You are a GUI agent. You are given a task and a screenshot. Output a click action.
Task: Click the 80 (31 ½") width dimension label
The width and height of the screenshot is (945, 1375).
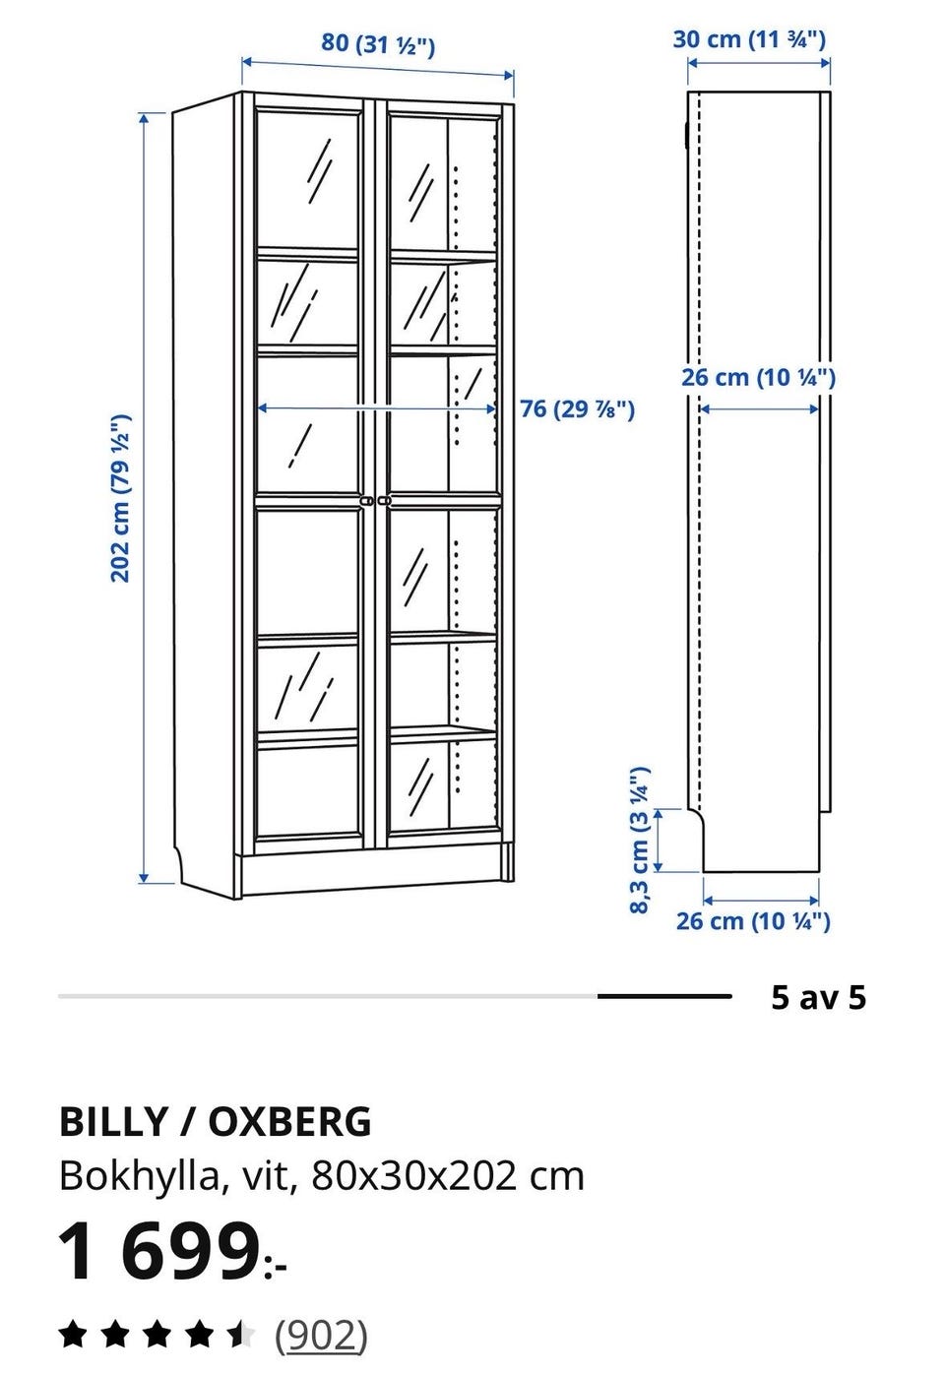378,43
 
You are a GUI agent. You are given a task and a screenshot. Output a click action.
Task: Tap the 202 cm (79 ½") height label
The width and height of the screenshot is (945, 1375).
120,498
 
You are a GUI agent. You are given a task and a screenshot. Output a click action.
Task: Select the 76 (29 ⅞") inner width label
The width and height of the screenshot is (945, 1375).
577,408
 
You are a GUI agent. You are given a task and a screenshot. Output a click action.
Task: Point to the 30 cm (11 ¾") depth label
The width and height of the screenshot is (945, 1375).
749,39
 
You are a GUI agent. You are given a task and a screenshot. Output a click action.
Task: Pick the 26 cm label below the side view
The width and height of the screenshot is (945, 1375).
753,920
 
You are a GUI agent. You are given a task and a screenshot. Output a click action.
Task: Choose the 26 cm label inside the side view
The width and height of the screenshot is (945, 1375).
758,378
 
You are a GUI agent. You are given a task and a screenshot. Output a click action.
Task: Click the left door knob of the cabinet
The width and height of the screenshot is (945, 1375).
366,502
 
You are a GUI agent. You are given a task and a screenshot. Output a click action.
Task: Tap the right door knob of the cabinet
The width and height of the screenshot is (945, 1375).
385,502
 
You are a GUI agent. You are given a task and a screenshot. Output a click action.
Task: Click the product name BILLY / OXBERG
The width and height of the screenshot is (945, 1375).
216,1121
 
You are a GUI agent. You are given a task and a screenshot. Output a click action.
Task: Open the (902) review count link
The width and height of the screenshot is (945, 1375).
321,1335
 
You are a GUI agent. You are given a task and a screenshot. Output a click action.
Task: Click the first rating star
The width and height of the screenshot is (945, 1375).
73,1335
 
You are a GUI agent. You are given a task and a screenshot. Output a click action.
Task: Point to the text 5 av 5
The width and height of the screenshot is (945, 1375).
819,997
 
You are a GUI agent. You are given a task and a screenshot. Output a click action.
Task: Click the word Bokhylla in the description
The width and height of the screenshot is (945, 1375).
140,1178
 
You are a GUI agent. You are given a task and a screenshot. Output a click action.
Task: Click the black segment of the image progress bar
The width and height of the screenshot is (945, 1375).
664,996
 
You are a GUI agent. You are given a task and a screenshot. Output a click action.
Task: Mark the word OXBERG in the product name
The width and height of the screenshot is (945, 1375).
289,1121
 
